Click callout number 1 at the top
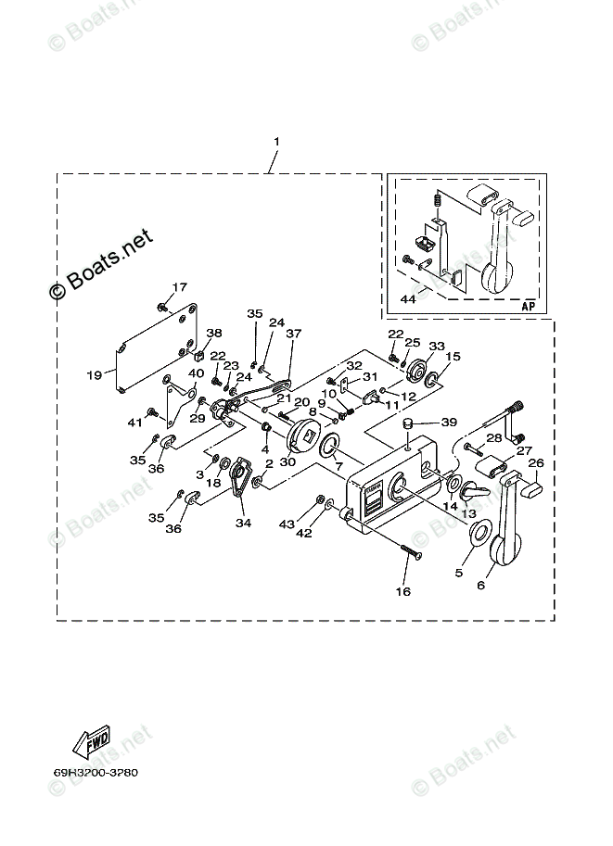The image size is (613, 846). coord(275,142)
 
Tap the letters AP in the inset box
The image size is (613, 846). coord(529,306)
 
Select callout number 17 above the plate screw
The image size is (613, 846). coord(179,287)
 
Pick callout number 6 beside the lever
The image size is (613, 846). coord(479,586)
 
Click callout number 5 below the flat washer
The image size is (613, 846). coord(457,574)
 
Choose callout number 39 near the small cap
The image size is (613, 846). coord(449,422)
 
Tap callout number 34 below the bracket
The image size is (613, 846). coord(243,524)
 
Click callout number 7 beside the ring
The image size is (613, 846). coord(338,465)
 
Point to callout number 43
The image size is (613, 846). coord(287,524)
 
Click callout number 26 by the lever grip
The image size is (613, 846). coord(536,463)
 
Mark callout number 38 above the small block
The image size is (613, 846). coord(214,334)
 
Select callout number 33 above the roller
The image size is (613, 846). coord(437,345)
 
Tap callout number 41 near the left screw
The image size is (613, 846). coord(136,423)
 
